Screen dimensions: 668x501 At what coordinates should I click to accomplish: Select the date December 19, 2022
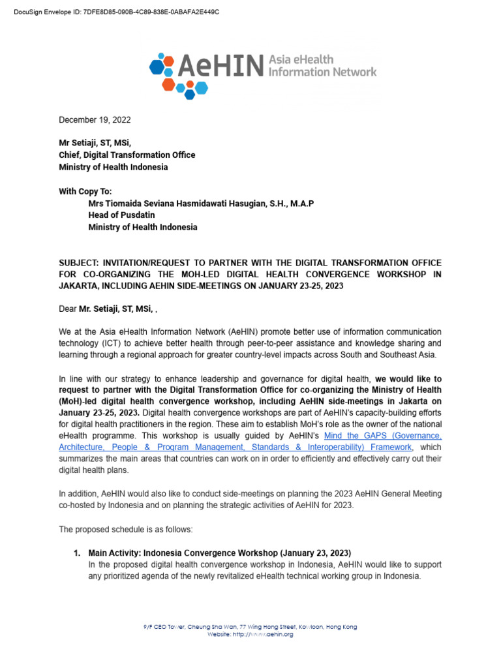pos(95,120)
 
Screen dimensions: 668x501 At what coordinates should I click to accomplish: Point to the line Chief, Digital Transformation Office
pos(127,155)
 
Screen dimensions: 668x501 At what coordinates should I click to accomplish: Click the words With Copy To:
pos(85,191)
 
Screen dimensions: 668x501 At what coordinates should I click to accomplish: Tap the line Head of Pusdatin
pos(122,215)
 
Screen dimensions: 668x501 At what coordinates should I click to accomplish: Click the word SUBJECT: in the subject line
pos(80,263)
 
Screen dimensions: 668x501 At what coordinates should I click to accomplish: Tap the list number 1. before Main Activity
pos(77,553)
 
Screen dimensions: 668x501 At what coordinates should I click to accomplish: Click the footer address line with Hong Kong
pos(250,627)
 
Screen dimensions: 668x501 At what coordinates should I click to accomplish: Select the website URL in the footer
pos(250,635)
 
